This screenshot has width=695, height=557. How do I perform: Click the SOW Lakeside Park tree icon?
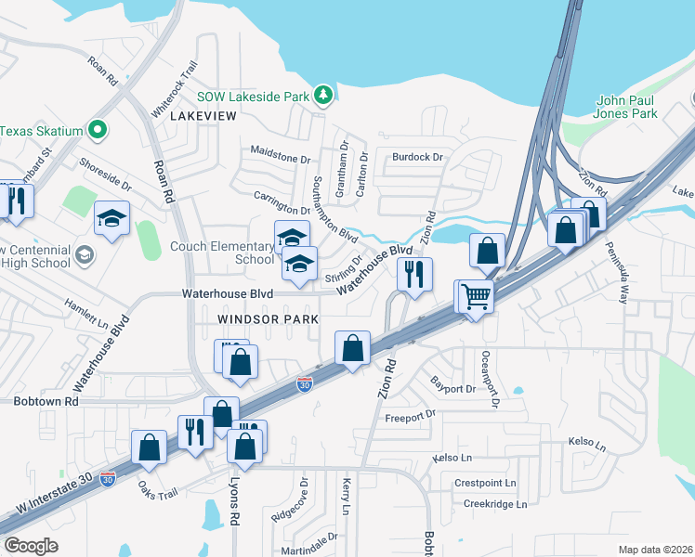click(322, 94)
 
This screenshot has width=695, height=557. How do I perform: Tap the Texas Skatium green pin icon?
click(96, 130)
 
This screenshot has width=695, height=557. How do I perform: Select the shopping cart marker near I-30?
click(476, 297)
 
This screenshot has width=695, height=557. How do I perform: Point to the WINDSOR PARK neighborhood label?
click(268, 318)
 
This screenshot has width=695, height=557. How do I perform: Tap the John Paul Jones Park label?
click(626, 107)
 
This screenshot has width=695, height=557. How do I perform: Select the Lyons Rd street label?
click(235, 501)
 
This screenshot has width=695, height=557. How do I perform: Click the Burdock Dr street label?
click(417, 157)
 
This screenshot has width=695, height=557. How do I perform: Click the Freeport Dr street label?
click(410, 415)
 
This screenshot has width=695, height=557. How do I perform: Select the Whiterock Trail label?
click(176, 88)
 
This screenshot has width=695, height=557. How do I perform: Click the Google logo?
click(31, 546)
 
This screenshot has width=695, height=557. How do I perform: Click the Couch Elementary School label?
click(222, 253)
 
